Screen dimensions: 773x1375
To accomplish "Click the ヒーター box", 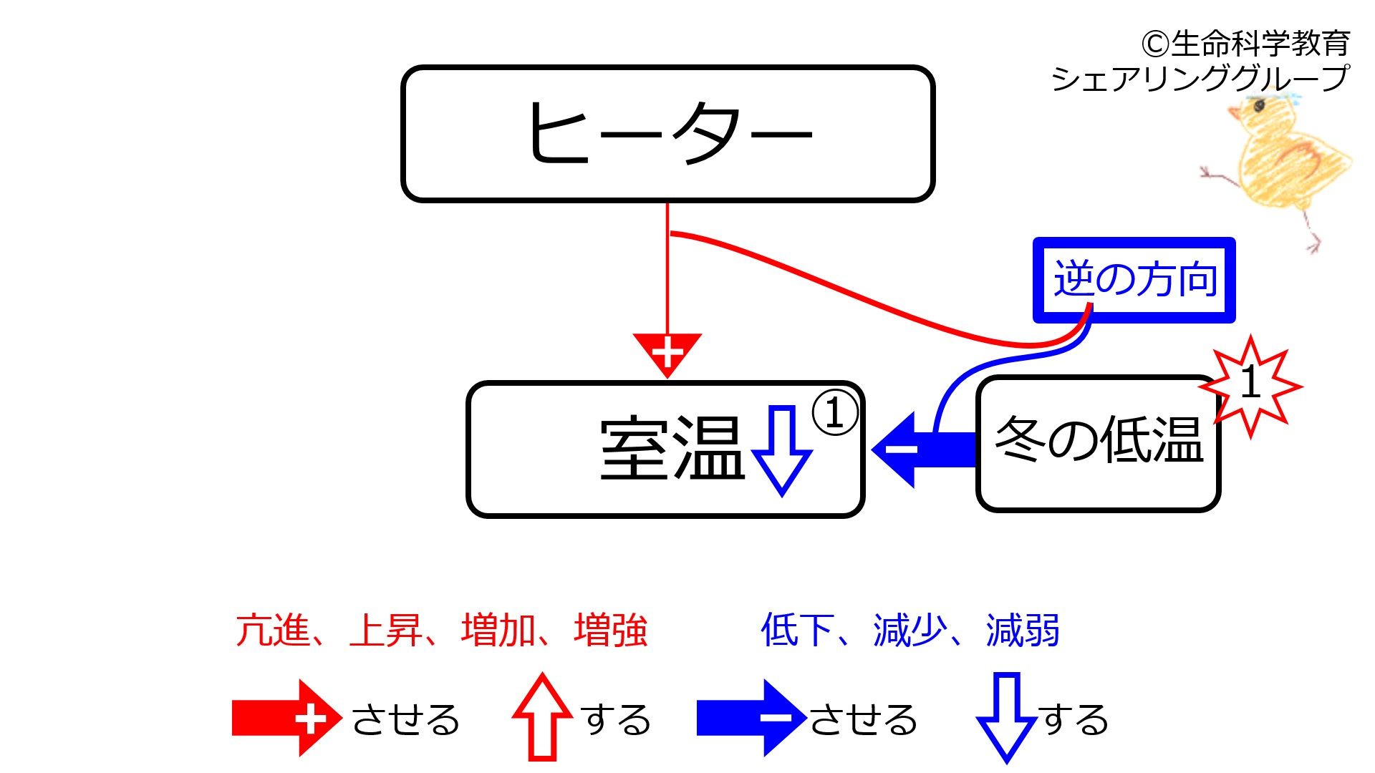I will (667, 134).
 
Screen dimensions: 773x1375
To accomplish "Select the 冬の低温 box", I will (1098, 443).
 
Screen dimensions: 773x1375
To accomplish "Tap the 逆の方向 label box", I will (1134, 280).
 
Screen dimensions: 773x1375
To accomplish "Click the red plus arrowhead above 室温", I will (667, 352).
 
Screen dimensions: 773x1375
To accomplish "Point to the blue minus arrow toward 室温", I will (920, 449).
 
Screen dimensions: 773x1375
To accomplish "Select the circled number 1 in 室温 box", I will (834, 413).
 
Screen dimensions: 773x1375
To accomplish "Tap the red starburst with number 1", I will (1250, 385).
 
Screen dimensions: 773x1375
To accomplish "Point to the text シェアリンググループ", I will (1200, 78).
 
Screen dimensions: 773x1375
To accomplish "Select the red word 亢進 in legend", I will (273, 631).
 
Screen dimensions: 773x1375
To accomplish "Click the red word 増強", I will (610, 631).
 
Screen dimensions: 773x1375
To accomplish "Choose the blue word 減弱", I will (1023, 631).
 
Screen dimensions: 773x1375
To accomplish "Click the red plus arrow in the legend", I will (286, 718).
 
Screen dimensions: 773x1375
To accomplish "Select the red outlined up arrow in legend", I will (542, 716).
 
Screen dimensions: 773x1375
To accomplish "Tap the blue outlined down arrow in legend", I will (1006, 716).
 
